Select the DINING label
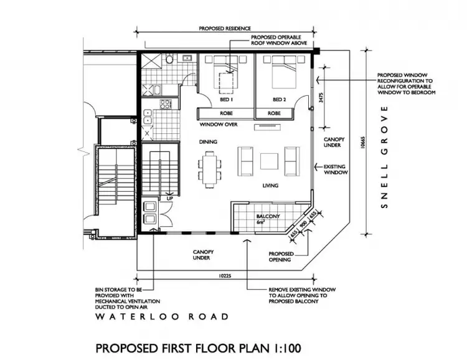[x=208, y=142]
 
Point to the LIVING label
[x=270, y=186]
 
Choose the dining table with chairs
[x=209, y=168]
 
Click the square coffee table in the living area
[x=270, y=161]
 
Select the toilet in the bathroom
[x=168, y=60]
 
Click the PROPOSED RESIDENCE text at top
[x=225, y=29]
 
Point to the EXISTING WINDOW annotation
[x=335, y=169]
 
